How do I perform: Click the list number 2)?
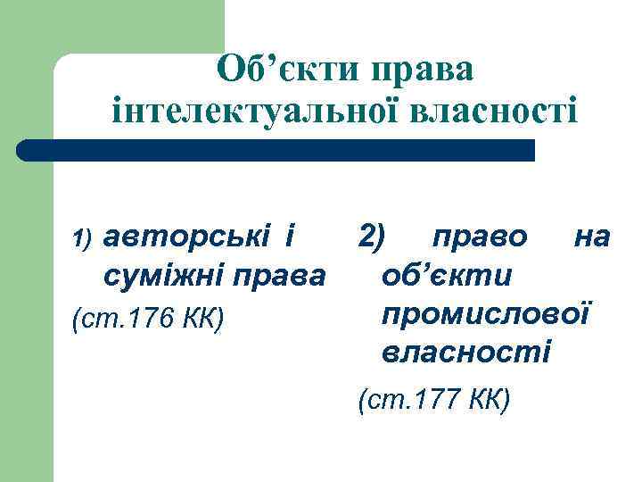click(372, 237)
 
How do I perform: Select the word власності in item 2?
click(466, 353)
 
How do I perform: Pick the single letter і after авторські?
click(287, 237)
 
